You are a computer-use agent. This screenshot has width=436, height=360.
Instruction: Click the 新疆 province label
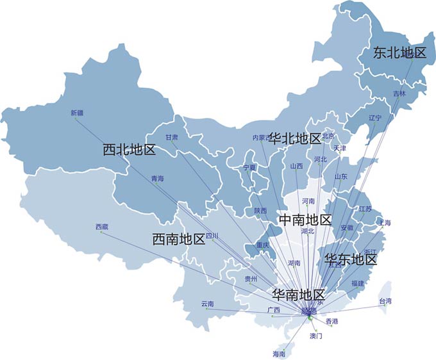77,113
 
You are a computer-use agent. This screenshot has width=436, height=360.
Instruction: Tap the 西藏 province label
102,227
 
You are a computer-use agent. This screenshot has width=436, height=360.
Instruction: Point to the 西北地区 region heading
130,150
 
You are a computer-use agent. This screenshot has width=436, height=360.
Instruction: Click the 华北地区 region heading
295,138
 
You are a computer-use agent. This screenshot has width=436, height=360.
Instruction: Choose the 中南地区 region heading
306,220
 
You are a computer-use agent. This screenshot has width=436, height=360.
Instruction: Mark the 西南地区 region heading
179,240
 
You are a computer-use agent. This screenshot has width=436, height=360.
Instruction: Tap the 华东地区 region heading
351,259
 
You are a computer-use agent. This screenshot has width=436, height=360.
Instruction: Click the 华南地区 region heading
299,295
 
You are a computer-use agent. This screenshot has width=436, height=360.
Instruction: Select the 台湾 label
385,301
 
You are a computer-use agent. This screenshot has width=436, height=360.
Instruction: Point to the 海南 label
279,353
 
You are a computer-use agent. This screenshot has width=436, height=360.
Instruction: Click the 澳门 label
316,336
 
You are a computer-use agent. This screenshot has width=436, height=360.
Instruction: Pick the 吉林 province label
399,94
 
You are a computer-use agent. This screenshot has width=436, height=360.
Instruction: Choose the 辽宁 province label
375,118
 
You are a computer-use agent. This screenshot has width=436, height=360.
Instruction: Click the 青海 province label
158,178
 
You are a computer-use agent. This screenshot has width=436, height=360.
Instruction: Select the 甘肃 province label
172,137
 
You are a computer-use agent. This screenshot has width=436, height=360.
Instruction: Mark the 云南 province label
207,303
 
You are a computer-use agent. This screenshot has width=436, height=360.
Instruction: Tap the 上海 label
385,223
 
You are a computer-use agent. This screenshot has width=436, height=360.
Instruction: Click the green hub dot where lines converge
308,317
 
